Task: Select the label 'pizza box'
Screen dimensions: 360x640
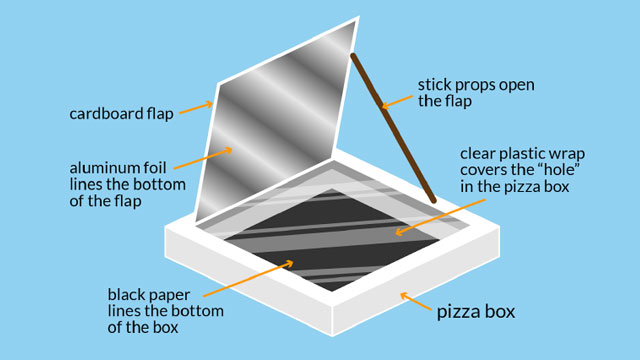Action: [477, 312]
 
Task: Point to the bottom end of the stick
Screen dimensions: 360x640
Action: [433, 200]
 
